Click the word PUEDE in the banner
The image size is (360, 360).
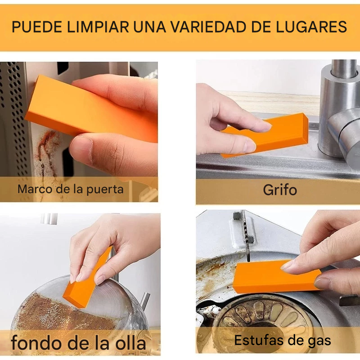pyautogui.click(x=37, y=27)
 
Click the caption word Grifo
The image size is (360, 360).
pyautogui.click(x=280, y=190)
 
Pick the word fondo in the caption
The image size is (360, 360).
pyautogui.click(x=37, y=343)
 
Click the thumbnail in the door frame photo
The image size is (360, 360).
pyautogui.click(x=81, y=145)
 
